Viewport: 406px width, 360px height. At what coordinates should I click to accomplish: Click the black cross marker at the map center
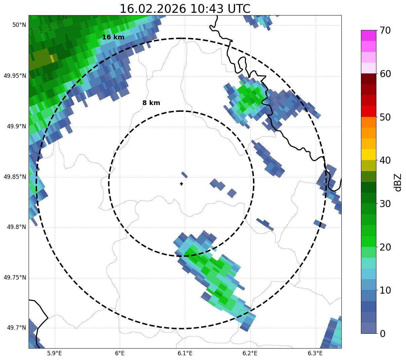(x=182, y=184)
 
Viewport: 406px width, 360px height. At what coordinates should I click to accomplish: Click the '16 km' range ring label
(x=113, y=37)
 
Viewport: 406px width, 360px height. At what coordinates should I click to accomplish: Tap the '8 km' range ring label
(x=151, y=103)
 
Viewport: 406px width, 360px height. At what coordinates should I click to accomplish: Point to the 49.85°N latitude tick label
(x=15, y=177)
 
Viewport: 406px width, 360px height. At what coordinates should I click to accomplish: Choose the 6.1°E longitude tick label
(x=185, y=353)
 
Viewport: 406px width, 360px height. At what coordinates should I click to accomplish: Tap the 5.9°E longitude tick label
(x=54, y=353)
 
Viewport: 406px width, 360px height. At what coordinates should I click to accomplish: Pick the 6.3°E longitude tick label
(x=315, y=353)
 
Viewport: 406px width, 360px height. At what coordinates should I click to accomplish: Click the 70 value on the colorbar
(x=385, y=31)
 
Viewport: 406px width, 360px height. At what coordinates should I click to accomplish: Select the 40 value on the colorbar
(x=385, y=160)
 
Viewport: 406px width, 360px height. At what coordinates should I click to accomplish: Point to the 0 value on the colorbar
(x=382, y=334)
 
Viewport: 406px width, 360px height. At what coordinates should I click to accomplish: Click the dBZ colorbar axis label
(x=398, y=182)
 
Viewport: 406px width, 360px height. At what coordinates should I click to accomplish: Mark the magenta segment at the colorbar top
(x=369, y=35)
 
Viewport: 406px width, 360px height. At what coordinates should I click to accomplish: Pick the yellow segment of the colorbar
(x=369, y=155)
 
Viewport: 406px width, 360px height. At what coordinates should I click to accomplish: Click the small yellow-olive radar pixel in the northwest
(x=52, y=59)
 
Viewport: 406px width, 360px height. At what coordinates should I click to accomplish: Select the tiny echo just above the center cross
(x=184, y=174)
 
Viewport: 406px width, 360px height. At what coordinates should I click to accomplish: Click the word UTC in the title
(x=239, y=9)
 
